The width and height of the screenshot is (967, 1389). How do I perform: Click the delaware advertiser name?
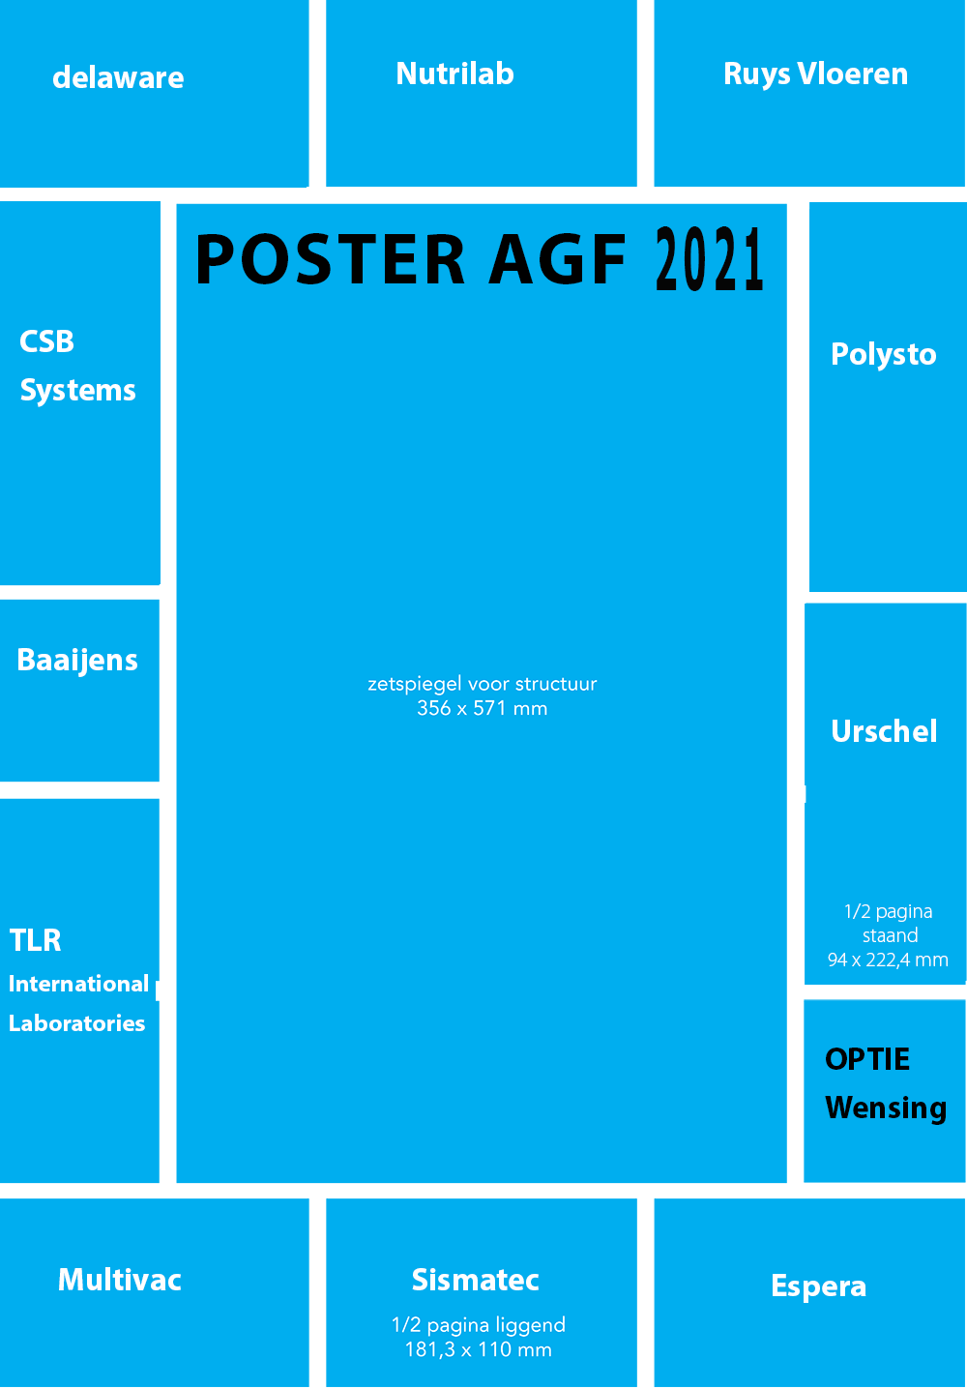(x=118, y=78)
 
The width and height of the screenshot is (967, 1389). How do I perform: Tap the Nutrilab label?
(x=455, y=74)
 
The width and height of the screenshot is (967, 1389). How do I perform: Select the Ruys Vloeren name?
(x=816, y=74)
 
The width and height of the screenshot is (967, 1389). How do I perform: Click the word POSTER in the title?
(x=330, y=259)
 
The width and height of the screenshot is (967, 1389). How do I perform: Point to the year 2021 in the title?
(x=710, y=258)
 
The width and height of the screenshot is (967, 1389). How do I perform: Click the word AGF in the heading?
(x=557, y=259)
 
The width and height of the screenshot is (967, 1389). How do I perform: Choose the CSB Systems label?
(x=77, y=367)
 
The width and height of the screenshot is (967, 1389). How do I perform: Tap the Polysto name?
(x=883, y=355)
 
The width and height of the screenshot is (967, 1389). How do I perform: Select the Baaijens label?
(x=76, y=661)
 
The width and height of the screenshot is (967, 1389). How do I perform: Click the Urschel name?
(x=884, y=731)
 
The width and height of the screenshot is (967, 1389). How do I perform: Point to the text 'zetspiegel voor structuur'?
(x=483, y=684)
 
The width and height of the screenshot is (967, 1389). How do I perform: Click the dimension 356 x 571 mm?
(x=483, y=708)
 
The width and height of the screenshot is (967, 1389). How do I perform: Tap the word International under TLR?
(x=78, y=984)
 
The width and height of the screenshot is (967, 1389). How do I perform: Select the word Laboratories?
(x=76, y=1023)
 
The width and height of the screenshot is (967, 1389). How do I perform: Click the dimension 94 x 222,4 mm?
(x=888, y=960)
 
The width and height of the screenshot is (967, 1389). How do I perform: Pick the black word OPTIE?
(x=867, y=1059)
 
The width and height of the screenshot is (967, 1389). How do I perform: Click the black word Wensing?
(x=886, y=1108)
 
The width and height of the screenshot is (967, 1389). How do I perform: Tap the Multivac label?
(x=120, y=1280)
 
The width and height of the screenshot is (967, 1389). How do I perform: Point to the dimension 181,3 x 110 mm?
(x=478, y=1349)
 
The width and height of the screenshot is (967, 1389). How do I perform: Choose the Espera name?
(x=818, y=1286)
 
